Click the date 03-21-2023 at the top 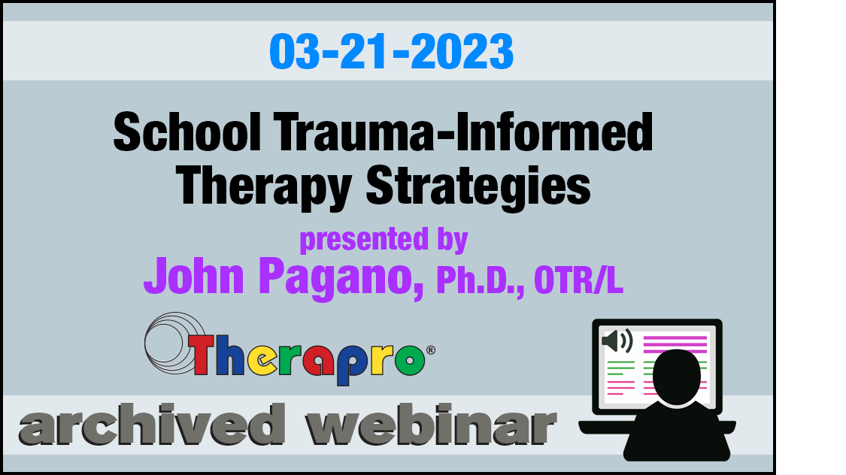(391, 51)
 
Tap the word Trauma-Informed (463, 132)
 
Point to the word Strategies (478, 187)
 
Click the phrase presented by (384, 240)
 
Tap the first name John (194, 276)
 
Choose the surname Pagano (341, 277)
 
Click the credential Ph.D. (481, 280)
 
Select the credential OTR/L (578, 280)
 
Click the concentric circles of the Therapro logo (174, 343)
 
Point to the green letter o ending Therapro (410, 359)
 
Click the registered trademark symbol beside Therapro (431, 350)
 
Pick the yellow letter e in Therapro (262, 359)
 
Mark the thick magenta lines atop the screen (675, 344)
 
